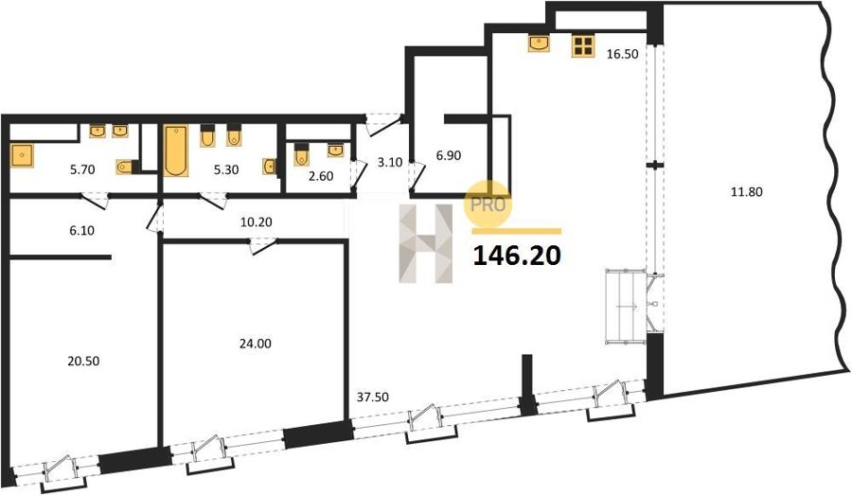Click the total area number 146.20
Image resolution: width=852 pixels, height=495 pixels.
[x=517, y=256]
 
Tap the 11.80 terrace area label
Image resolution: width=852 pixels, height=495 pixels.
[x=748, y=191]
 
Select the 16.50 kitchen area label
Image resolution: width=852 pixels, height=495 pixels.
[x=622, y=54]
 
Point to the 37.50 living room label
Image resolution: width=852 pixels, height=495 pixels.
[x=373, y=398]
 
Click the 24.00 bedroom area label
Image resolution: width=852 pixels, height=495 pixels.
[x=256, y=344]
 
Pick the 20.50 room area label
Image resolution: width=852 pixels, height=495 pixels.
[x=83, y=361]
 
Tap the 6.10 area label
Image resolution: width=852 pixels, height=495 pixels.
[x=82, y=230]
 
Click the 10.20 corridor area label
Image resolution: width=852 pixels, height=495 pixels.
[x=257, y=221]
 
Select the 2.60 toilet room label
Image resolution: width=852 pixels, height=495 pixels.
[x=321, y=176]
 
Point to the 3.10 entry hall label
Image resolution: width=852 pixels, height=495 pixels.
[x=389, y=163]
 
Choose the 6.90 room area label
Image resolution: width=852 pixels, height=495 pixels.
[x=449, y=155]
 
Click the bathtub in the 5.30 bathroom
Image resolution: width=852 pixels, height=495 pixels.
[x=176, y=151]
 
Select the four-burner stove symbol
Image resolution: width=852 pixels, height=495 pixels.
[x=583, y=45]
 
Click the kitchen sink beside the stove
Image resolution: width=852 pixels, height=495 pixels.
[x=539, y=44]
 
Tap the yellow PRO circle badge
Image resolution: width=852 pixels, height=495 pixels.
[x=488, y=203]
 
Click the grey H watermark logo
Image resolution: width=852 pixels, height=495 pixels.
[x=426, y=243]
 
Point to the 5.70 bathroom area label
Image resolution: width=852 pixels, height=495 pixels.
[x=82, y=169]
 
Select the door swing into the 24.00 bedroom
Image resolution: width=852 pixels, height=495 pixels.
[x=262, y=246]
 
